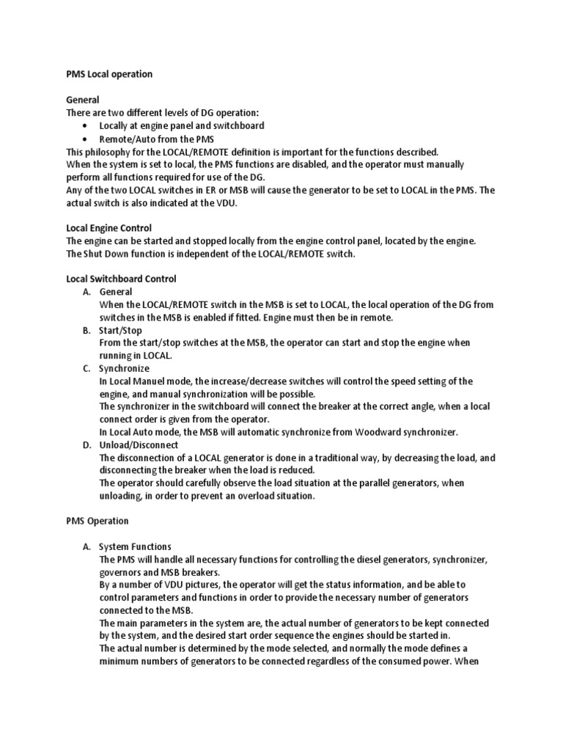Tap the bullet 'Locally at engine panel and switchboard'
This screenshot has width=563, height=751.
point(182,125)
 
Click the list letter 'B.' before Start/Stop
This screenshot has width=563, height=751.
point(87,330)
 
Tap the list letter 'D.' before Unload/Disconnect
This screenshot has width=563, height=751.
point(87,444)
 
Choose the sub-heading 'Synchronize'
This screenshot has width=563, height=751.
point(124,368)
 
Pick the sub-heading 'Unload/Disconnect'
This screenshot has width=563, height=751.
point(139,444)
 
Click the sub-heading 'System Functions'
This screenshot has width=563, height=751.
point(136,546)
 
